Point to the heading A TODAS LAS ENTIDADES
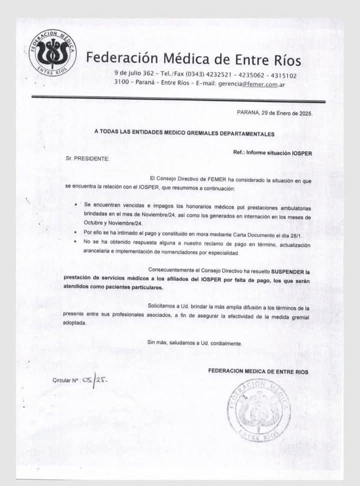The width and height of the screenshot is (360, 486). coord(184,134)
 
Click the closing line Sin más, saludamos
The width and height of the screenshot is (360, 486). coord(194,343)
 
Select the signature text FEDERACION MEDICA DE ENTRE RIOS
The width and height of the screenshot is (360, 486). coord(258,371)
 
